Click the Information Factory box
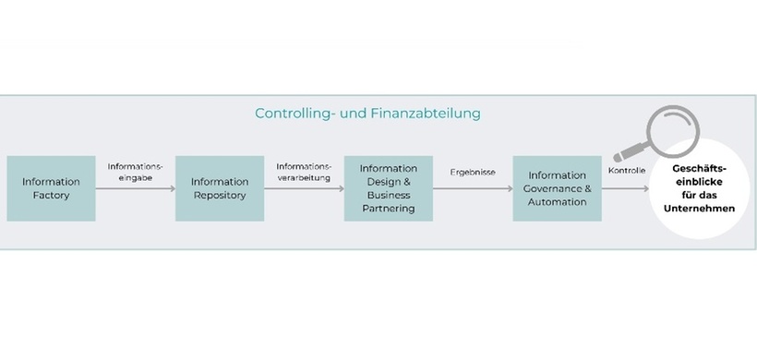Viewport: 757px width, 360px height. pos(51,188)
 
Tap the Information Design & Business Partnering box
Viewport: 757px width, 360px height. pos(389,188)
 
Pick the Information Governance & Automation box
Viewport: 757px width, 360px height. pos(557,188)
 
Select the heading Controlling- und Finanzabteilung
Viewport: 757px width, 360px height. pos(367,114)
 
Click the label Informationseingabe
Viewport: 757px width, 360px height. pos(135,172)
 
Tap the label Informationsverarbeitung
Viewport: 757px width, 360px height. pos(304,172)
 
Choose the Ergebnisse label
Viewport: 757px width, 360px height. pos(473,172)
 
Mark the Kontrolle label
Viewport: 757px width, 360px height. pos(627,171)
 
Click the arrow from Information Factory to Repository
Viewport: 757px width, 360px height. pos(135,188)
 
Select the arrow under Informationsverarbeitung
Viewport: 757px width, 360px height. pos(304,188)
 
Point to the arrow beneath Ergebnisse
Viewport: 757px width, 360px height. pos(473,188)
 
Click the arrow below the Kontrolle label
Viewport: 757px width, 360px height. pos(627,188)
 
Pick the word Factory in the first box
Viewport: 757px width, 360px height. pos(51,196)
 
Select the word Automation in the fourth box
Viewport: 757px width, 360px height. pos(557,201)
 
